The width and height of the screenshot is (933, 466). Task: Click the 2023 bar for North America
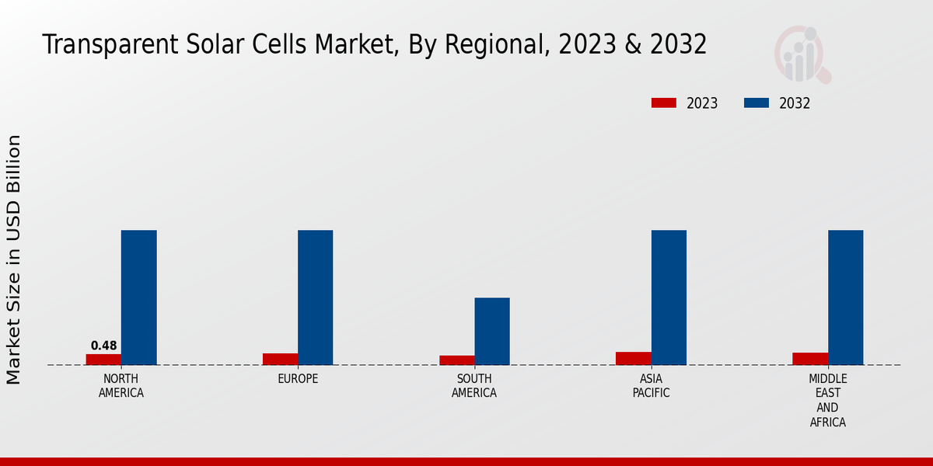(103, 360)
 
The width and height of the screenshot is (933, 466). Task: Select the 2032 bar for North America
(138, 297)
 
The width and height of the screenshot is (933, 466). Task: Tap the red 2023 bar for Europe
(280, 359)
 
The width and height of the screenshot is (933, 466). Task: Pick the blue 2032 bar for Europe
(315, 297)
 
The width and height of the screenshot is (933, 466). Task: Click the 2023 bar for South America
(456, 360)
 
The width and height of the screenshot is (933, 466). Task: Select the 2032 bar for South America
(492, 331)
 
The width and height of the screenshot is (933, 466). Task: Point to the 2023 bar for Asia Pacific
(634, 358)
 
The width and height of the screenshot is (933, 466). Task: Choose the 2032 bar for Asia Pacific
(669, 297)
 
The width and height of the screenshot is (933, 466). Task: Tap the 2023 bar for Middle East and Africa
(810, 359)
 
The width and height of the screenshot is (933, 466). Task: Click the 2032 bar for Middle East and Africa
(845, 297)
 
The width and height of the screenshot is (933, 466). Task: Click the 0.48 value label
(103, 346)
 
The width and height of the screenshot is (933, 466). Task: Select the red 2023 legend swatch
(664, 103)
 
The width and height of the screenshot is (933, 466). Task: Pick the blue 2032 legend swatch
(757, 103)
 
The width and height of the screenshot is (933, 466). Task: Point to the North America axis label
(121, 386)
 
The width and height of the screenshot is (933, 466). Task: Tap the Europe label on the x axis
(298, 379)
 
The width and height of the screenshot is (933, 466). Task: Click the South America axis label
(474, 386)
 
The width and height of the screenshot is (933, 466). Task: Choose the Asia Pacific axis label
(651, 386)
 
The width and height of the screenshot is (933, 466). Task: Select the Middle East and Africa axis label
(827, 401)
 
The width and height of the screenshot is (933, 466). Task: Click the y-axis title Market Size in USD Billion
(14, 259)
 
